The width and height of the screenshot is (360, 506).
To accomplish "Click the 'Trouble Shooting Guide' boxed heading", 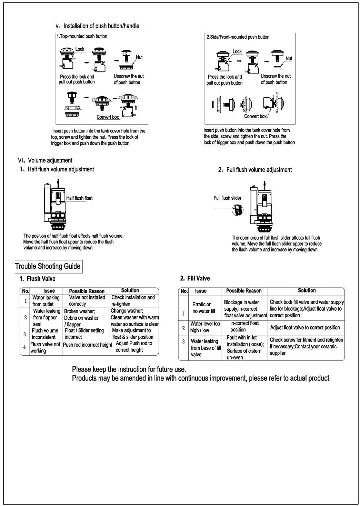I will tap(48, 266).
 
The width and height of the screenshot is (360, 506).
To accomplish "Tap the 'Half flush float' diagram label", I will tap(79, 198).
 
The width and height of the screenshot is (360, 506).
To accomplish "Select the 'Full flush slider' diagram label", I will tap(227, 198).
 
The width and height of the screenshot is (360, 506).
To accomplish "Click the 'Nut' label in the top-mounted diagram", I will tap(139, 57).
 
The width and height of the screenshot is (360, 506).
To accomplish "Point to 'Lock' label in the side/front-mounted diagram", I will tap(237, 51).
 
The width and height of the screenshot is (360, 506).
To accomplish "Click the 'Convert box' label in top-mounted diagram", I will tap(108, 117).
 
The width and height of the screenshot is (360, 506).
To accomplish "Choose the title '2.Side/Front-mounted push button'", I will tap(238, 37).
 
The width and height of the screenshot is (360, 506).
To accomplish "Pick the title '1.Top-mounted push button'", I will tap(82, 36).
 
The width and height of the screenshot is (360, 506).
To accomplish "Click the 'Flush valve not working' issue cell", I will tap(45, 347).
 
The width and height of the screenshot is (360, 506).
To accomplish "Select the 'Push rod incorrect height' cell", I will tap(87, 345).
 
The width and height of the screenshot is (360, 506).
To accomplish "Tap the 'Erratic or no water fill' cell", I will tap(203, 308).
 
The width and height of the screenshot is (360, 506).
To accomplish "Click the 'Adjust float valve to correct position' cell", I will tap(305, 327).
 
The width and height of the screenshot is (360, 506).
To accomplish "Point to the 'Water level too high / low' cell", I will tap(205, 327).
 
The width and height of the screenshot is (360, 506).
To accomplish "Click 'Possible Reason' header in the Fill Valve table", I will tap(244, 291).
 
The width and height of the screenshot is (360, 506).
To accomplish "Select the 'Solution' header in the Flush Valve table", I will tap(130, 290).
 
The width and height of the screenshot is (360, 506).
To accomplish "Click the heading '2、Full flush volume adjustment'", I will tap(255, 170).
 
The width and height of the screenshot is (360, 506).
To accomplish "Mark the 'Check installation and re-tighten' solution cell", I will tap(133, 300).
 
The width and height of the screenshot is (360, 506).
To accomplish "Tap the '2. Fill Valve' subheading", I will tap(195, 278).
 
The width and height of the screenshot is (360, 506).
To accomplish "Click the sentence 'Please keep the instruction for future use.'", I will tap(129, 369).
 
